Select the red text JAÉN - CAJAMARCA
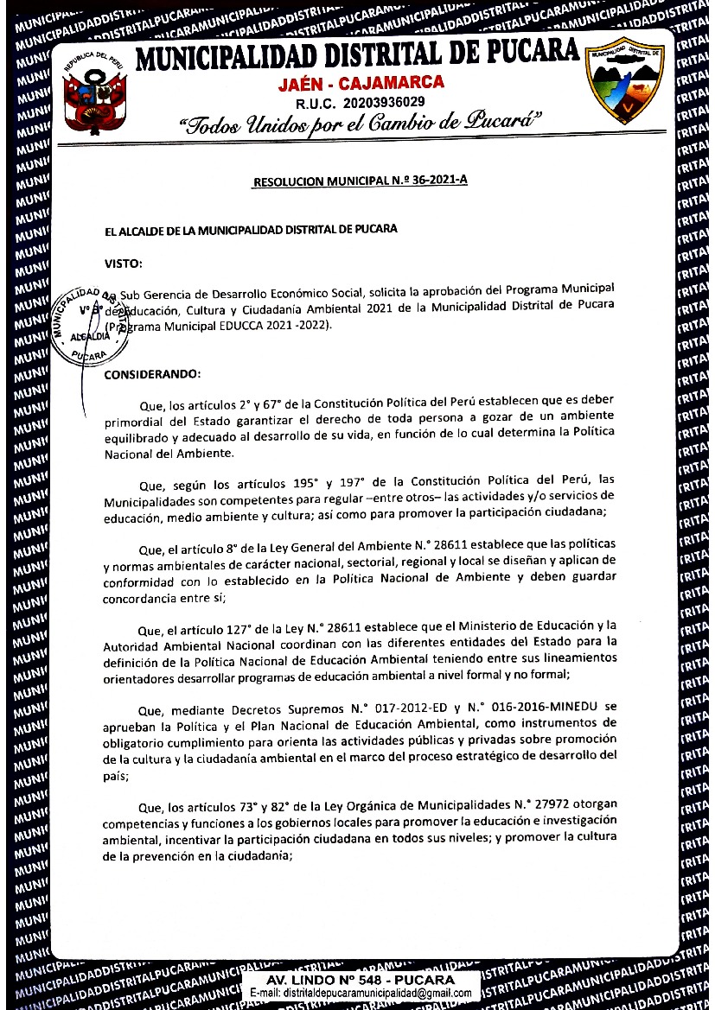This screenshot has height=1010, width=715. coord(361,83)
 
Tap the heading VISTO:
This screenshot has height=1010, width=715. coord(123,263)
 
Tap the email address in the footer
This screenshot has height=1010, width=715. coord(360,994)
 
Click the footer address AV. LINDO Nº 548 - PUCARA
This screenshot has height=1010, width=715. coord(360,980)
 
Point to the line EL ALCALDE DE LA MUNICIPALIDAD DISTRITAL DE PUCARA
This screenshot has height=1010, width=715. coord(251,230)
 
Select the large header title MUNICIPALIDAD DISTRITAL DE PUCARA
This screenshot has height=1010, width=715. coord(357,55)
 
